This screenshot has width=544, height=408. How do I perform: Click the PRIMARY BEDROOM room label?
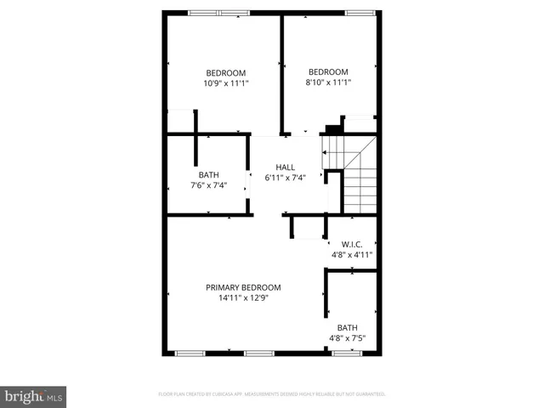243,287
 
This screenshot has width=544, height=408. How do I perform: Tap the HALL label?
285,167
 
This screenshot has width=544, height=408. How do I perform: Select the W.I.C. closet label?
351,243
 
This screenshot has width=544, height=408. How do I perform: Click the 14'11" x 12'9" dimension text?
243,298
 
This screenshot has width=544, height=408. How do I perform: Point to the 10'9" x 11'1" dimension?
225,83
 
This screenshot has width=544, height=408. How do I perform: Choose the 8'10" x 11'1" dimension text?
328,82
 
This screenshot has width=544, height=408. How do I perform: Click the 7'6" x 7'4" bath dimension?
209,185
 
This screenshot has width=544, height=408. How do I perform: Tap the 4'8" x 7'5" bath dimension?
348,338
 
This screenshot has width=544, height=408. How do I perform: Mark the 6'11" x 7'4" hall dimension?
285,178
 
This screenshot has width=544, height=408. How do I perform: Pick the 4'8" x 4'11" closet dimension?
351,254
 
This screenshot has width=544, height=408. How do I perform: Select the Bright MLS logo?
33,396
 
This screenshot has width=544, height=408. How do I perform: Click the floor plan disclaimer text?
272,394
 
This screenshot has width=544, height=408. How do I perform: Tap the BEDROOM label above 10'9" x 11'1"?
225,72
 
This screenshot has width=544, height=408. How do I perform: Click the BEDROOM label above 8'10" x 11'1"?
328,71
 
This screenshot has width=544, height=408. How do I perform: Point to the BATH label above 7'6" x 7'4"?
209,175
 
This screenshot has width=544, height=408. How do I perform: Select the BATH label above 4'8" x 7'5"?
348,327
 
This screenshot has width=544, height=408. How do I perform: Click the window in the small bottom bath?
346,352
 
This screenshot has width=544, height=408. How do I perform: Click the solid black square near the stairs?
334,129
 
